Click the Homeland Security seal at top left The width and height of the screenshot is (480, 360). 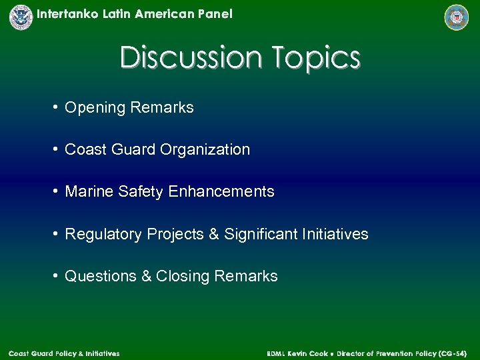click(21, 17)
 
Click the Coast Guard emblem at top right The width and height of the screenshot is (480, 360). click(457, 17)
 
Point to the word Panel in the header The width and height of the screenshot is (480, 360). click(214, 14)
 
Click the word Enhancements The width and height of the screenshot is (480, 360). click(221, 192)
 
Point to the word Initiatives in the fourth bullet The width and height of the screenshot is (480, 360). click(335, 234)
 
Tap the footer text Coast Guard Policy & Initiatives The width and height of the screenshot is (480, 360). click(65, 353)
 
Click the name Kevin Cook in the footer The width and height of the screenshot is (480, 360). click(307, 353)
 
